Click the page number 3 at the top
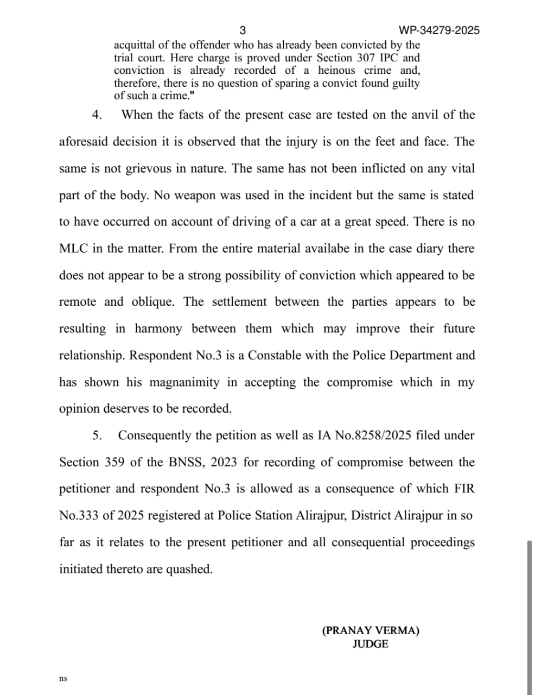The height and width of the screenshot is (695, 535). point(242,30)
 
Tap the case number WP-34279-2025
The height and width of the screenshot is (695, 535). point(439,30)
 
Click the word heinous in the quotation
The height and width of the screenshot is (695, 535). point(336,71)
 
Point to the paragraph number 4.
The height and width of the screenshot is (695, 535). point(97,115)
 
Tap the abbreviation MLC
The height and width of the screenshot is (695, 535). point(73,249)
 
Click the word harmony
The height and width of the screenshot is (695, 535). point(158,329)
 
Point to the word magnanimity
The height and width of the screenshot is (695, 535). point(184,382)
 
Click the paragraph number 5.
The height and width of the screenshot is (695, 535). point(97,435)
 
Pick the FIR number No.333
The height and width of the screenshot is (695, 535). point(79,516)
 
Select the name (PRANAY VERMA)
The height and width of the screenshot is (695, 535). point(371,631)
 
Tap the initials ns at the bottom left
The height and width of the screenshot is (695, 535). point(63,679)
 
